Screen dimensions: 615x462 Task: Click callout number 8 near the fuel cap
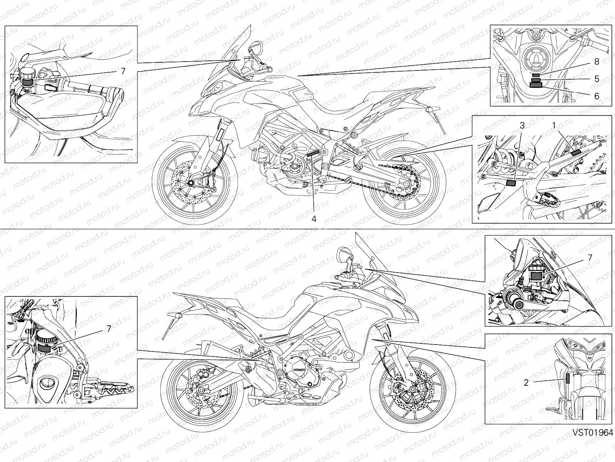tap(597, 62)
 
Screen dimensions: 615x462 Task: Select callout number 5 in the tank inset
tap(597, 79)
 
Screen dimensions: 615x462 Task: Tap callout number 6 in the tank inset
tap(597, 96)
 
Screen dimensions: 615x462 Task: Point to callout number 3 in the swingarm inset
tap(522, 126)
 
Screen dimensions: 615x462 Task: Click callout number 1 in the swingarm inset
tap(553, 126)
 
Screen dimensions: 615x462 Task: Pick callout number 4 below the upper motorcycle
tap(314, 219)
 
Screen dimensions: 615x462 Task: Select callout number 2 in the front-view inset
tap(526, 383)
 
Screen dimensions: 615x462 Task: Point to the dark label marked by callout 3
tap(511, 184)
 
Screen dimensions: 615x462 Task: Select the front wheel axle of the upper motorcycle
tap(190, 183)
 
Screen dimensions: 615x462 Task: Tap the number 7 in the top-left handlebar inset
tap(123, 71)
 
